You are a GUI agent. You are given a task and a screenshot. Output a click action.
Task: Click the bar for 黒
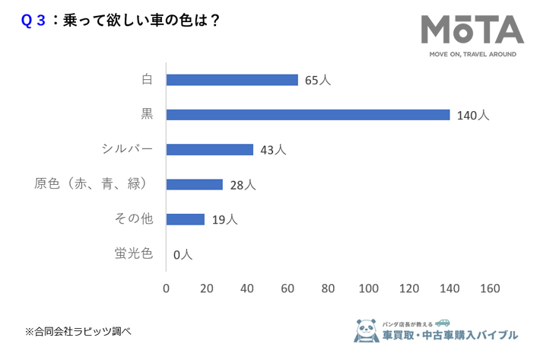(x=308, y=115)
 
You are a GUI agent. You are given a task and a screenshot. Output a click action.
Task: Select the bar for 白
(x=232, y=80)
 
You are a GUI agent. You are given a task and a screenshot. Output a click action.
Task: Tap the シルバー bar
(x=209, y=150)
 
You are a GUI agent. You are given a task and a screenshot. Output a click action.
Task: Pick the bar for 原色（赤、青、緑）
(x=194, y=184)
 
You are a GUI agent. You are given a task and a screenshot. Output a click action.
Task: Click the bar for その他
(x=185, y=219)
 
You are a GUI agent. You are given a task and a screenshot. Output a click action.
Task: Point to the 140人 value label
(x=473, y=116)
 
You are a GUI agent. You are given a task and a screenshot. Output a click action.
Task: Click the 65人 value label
(x=318, y=80)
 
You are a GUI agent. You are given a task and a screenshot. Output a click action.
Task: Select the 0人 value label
(x=183, y=254)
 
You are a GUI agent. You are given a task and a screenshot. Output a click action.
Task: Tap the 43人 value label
(x=273, y=150)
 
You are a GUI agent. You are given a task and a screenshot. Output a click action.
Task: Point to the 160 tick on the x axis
(x=490, y=288)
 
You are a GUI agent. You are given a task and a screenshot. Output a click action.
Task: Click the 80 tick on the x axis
(x=329, y=288)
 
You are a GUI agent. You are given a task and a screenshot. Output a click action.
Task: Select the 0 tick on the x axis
(x=167, y=288)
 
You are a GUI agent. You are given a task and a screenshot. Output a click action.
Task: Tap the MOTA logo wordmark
(x=472, y=31)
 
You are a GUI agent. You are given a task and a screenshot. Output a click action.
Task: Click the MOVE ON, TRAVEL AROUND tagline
(x=472, y=55)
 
